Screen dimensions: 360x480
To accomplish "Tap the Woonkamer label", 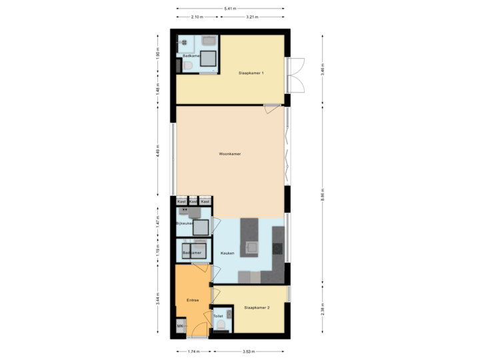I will (229, 154).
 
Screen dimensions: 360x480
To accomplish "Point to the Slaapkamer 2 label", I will (257, 307).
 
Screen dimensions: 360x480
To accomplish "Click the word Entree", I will (193, 301).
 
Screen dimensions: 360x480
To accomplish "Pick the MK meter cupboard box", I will (180, 326).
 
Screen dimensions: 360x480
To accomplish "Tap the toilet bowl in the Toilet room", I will (220, 325).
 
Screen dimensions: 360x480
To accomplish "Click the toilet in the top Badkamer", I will (189, 67).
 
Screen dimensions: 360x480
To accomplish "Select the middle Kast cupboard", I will (193, 201).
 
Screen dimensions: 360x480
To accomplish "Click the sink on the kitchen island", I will (253, 247).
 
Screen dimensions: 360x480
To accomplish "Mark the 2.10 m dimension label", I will (197, 17).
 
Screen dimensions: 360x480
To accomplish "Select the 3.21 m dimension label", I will (251, 17).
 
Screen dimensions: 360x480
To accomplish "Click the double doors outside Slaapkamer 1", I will (298, 74).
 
